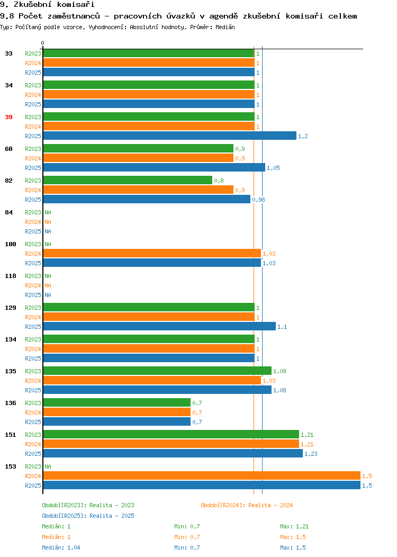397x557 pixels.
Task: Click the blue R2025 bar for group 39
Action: point(170,136)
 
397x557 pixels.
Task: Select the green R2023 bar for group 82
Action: point(128,180)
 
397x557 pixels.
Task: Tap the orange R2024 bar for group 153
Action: point(202,475)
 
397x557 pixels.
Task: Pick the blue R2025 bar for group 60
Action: point(154,167)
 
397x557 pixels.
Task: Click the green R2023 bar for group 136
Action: point(117,402)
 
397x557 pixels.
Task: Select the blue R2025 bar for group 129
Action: point(159,326)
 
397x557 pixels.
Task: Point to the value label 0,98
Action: point(258,200)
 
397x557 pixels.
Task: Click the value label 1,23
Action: point(311,454)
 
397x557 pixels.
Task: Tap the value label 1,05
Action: point(274,168)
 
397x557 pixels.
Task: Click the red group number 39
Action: point(9,117)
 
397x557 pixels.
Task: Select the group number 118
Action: point(11,276)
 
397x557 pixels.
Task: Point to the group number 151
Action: point(11,435)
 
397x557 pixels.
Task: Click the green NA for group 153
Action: point(48,466)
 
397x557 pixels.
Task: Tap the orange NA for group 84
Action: point(48,222)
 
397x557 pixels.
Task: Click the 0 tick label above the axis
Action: point(43,43)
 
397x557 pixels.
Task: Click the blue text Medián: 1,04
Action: point(61,547)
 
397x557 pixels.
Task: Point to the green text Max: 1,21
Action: point(294,526)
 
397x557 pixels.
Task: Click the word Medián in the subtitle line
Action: point(225,27)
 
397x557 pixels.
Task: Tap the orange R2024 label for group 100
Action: point(33,254)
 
